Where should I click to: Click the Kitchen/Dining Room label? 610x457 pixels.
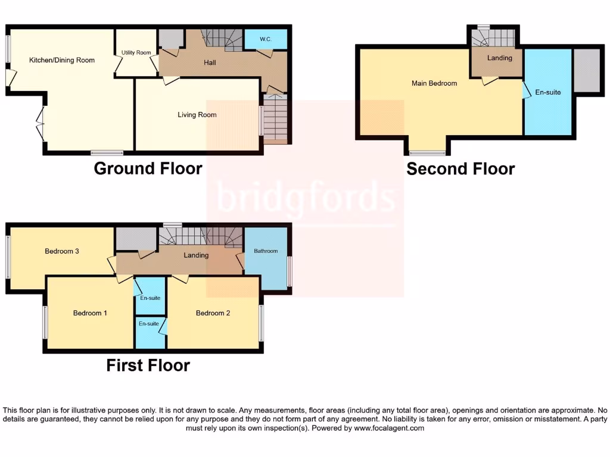coord(62,60)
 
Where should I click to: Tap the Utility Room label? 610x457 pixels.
coord(136,53)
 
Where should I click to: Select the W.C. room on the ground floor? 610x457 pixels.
coord(266,39)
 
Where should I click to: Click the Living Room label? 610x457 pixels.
coord(197,115)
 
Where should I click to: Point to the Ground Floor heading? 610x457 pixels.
coord(148,168)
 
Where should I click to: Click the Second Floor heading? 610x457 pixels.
coord(460,169)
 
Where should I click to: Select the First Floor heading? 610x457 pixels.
coord(148,365)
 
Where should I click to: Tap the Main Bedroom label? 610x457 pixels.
coord(434,83)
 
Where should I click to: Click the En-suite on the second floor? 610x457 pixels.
coord(548,92)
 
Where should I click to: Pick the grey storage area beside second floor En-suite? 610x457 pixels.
coord(586,70)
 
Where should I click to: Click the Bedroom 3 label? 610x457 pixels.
coord(62,251)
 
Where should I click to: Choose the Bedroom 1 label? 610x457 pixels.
coord(90,313)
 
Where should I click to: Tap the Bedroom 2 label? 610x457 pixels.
coord(213,313)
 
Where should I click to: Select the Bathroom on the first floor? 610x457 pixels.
coord(266,251)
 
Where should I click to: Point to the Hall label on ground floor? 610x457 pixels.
coord(209,62)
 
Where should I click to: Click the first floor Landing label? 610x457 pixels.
coord(196,255)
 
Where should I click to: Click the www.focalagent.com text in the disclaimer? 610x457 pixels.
coord(389,428)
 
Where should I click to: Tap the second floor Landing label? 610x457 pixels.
coord(499,58)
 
